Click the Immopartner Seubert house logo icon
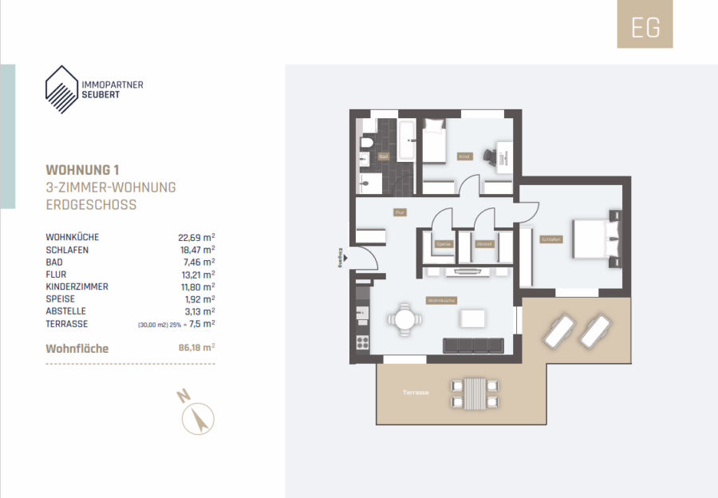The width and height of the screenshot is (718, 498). point(62,89)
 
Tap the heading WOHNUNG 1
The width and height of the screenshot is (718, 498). point(83,170)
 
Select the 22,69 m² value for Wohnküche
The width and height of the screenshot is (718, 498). point(196,237)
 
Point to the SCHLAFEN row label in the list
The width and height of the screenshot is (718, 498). point(68,250)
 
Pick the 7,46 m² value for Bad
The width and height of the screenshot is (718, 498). point(199,262)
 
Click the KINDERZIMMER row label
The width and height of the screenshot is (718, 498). point(78,287)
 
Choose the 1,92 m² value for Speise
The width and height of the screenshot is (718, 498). point(199,298)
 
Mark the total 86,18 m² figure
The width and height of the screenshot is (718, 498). point(196,349)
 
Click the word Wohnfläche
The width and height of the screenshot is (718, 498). point(77,349)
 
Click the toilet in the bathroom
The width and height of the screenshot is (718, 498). point(367,144)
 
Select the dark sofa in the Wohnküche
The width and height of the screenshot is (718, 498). point(474,345)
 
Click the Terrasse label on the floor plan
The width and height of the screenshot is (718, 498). point(416,393)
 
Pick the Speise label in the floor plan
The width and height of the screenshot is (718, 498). point(444,244)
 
